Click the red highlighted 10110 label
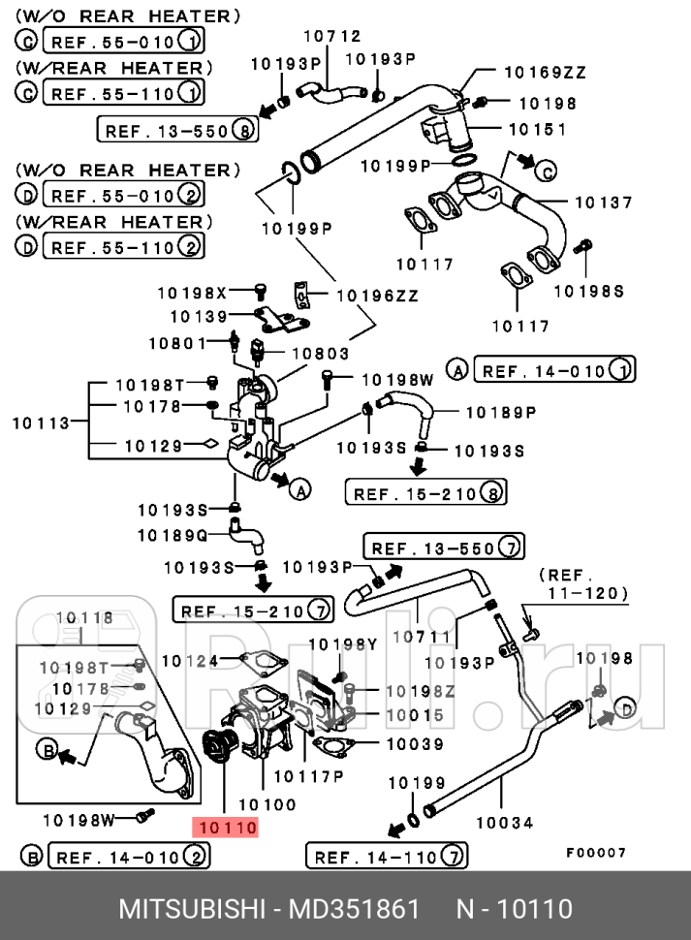227,828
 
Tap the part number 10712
331,36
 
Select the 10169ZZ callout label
544,72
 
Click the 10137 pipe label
603,203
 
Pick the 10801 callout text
176,342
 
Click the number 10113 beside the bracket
41,423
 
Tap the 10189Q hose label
172,535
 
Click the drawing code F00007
596,853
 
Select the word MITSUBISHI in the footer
191,909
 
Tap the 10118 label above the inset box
84,617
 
